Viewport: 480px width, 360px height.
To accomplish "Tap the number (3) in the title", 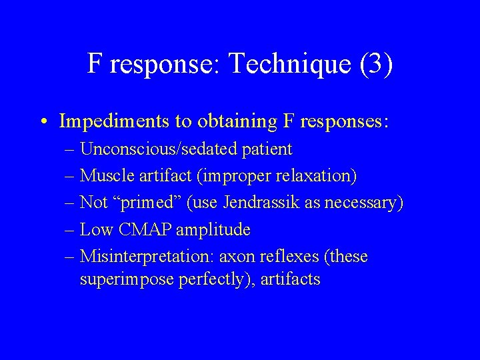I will point(375,65).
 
